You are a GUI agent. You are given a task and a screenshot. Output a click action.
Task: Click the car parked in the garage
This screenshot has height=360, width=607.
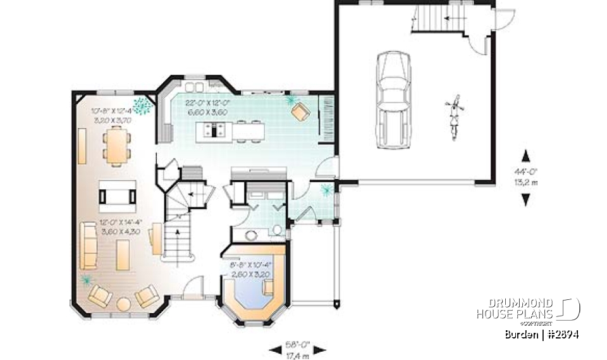coord(391,100)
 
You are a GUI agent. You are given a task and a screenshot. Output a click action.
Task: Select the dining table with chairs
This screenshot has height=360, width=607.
coord(117,146)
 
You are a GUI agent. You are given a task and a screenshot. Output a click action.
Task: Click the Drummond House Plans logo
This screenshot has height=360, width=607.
coord(528,311)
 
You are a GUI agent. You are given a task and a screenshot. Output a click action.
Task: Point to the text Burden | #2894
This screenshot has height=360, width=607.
coord(542,334)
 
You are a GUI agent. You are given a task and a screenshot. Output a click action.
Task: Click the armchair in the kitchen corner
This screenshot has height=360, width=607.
coord(300,112)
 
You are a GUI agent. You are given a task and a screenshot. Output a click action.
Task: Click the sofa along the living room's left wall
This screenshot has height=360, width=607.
coord(88,244)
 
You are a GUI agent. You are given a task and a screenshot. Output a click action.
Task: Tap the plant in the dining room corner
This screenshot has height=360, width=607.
coord(142,105)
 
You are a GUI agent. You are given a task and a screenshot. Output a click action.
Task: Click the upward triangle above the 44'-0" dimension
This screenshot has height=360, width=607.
coord(525,153)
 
